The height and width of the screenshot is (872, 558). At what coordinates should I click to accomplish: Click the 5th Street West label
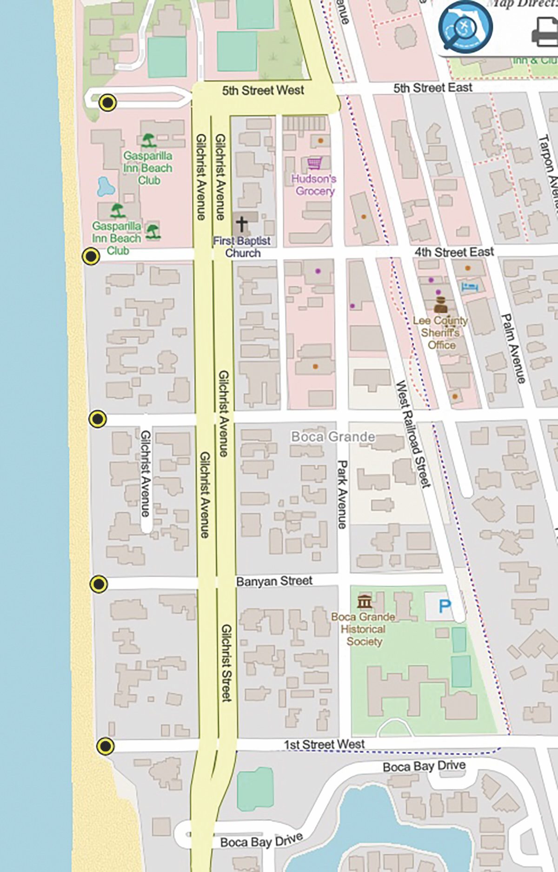click(x=263, y=90)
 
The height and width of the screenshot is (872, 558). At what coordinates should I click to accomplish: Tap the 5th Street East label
click(x=432, y=88)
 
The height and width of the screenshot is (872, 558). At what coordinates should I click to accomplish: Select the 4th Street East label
click(x=454, y=252)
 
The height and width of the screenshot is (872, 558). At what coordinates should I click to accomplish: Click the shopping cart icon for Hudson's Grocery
click(x=314, y=164)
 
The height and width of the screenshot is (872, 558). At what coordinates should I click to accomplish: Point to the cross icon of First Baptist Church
click(x=241, y=224)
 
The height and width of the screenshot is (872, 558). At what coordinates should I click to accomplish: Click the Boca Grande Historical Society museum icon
click(x=365, y=601)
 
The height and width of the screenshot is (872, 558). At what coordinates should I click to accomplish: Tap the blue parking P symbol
click(x=445, y=606)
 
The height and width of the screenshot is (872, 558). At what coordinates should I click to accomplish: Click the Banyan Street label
click(x=274, y=581)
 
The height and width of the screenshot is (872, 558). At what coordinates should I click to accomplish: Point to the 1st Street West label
click(x=324, y=744)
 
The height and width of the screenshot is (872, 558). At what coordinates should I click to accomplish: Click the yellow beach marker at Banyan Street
click(x=99, y=584)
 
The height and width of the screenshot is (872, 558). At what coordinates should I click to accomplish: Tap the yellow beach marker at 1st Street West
click(x=106, y=746)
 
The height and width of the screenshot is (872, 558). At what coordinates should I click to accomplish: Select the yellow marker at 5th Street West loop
click(x=108, y=102)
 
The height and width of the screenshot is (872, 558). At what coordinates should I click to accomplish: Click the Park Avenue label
click(x=342, y=494)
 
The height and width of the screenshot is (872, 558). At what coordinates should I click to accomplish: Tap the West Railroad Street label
click(x=412, y=434)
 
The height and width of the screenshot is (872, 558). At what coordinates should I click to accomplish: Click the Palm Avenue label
click(x=513, y=349)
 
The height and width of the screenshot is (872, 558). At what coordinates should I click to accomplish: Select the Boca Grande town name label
click(x=333, y=437)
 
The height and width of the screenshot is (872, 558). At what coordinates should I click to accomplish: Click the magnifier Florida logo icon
click(x=465, y=27)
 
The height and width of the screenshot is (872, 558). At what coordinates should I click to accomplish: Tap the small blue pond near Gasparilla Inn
click(x=106, y=187)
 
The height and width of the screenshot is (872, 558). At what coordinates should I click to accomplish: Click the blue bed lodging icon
click(x=470, y=286)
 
